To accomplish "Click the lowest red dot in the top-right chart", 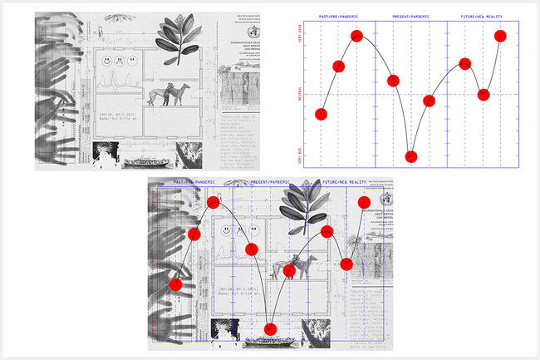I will coord(410,156).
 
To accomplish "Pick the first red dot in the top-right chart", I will coord(322,114).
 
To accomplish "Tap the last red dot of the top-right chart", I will coord(500,36).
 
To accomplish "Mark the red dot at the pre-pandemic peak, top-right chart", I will coord(357,36).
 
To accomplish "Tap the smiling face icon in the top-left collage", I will coord(107,62).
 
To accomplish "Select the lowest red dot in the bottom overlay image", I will coord(269,329).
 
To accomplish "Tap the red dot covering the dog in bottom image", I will coord(290,270).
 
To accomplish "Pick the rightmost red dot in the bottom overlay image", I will coord(364,203).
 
